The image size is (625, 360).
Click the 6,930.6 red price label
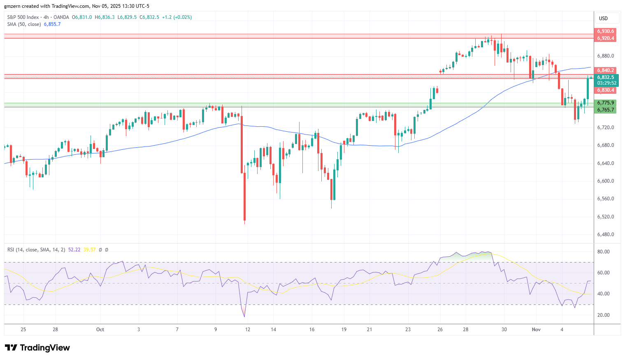[605, 31]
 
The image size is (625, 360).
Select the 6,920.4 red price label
[605, 38]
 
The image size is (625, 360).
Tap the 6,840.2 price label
[605, 70]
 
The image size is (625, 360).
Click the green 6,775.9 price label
[605, 103]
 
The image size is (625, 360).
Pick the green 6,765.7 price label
[605, 110]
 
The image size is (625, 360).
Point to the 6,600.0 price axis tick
[605, 181]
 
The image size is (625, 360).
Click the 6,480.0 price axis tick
[605, 235]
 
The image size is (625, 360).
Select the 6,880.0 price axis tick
[605, 56]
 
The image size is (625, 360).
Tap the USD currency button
[603, 19]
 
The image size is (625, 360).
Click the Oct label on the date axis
[100, 330]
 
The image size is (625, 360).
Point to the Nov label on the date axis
[536, 330]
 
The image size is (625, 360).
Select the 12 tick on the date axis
[248, 330]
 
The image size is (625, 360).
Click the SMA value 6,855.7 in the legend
[52, 24]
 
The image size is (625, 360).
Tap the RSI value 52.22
[74, 250]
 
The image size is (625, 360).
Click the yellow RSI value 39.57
[89, 250]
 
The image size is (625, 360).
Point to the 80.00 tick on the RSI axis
[603, 252]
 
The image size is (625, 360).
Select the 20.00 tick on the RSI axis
[603, 315]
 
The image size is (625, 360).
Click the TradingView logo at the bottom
[37, 348]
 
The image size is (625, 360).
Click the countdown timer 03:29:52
[606, 83]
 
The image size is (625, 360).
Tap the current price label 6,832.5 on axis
[605, 77]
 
